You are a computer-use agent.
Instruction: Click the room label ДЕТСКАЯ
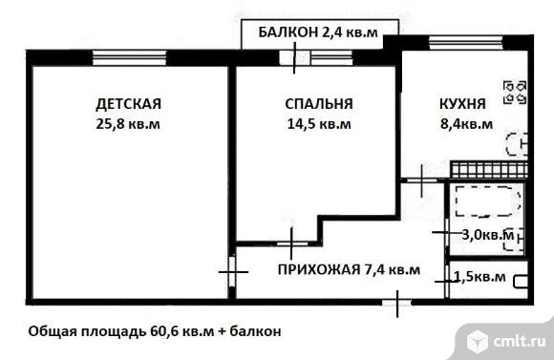pos(128,104)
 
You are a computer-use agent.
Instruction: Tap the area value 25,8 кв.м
pos(128,124)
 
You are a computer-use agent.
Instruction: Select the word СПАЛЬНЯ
pos(319,104)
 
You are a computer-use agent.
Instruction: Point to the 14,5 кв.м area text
pos(319,124)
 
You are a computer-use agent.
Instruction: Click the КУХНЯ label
pos(462,104)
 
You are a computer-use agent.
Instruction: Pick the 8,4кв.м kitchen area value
pos(466,124)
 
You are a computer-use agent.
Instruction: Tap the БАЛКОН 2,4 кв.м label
pos(318,32)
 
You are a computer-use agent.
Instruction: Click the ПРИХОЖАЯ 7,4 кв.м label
pos(349,270)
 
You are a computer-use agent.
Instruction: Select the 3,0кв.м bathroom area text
pos(488,234)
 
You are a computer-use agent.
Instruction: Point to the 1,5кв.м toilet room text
pos(479,277)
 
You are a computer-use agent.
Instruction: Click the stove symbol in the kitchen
pos(515,93)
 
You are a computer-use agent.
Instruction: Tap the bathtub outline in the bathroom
pos(488,201)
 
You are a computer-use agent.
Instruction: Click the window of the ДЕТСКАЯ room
pos(129,58)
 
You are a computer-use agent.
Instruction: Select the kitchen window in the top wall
pos(466,42)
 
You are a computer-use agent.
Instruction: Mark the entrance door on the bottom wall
pos(397,303)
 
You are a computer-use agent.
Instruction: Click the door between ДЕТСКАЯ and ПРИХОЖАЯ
pos(232,272)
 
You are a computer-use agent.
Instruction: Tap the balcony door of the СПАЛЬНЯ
pos(294,57)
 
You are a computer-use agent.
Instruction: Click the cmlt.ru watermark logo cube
pos(478,341)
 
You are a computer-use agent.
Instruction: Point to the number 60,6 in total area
pos(164,331)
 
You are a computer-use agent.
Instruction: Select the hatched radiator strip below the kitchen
pos(489,170)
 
